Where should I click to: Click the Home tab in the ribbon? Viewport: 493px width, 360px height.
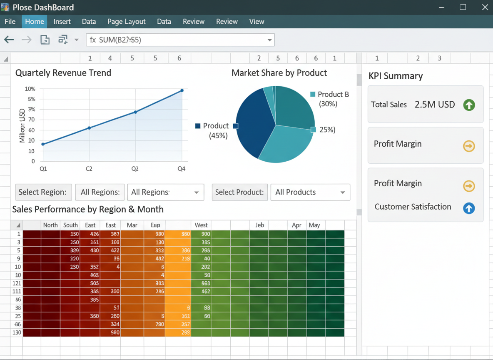click(x=34, y=22)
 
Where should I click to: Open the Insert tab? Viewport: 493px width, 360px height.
click(x=62, y=22)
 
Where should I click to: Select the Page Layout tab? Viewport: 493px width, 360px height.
click(x=126, y=22)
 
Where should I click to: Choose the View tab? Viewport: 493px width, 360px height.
click(x=256, y=22)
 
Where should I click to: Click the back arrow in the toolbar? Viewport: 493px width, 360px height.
click(x=9, y=40)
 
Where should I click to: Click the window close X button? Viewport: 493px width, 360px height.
click(x=485, y=7)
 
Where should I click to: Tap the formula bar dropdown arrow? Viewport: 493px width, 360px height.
click(x=269, y=40)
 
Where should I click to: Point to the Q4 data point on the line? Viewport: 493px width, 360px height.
click(x=182, y=90)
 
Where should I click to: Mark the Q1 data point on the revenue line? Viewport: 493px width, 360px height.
click(x=43, y=144)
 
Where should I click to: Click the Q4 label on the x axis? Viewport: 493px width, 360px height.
click(x=181, y=169)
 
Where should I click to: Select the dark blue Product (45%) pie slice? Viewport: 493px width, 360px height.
click(x=254, y=125)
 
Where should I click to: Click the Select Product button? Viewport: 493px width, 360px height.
click(x=239, y=192)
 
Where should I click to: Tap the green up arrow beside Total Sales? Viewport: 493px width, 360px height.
click(x=469, y=105)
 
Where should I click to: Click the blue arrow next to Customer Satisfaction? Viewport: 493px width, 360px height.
click(x=469, y=208)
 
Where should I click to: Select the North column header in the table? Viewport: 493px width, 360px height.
click(x=50, y=225)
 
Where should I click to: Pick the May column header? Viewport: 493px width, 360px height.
click(x=314, y=225)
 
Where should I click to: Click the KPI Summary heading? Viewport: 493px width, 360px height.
click(x=396, y=76)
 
